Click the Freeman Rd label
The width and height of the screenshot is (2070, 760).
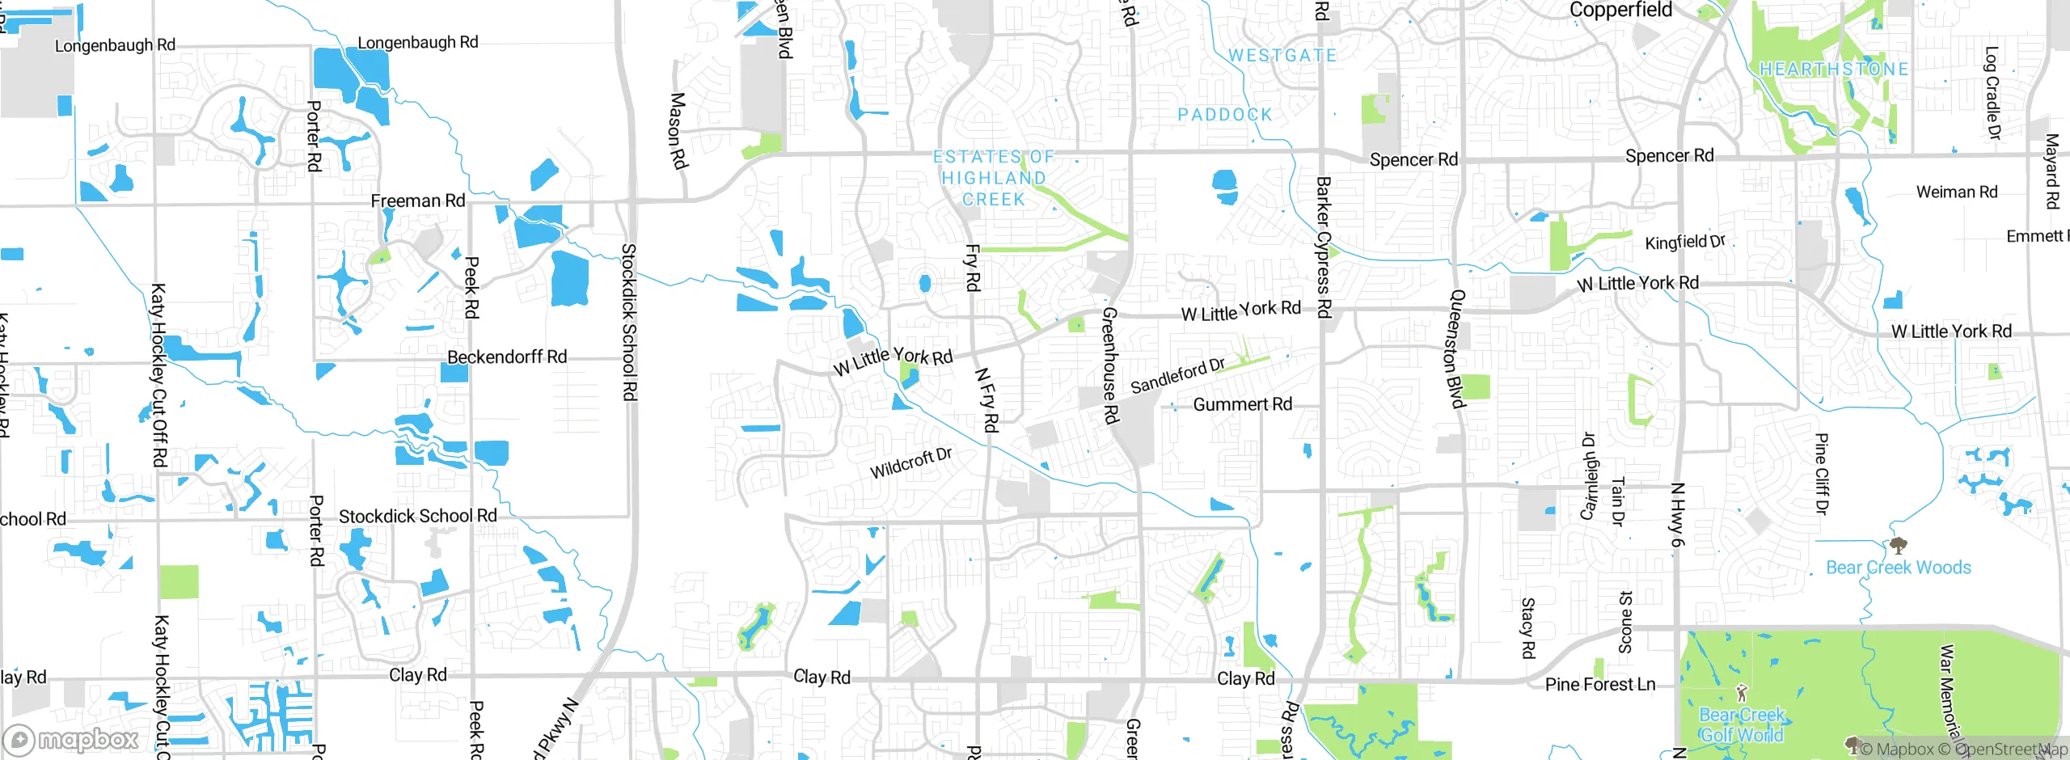click(417, 201)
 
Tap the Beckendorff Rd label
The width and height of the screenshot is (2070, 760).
click(507, 357)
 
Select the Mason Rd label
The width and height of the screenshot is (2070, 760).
click(678, 131)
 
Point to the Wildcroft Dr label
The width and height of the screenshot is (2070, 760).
click(910, 463)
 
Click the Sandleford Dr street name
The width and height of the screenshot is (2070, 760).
click(1177, 376)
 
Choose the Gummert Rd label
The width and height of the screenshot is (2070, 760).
click(1242, 404)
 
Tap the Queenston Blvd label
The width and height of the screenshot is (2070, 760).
click(1456, 349)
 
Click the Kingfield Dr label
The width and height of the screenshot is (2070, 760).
click(1685, 242)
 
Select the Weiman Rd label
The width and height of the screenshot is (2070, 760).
click(1956, 192)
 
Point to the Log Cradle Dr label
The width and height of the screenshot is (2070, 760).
click(1992, 93)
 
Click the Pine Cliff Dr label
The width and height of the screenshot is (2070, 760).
click(1821, 473)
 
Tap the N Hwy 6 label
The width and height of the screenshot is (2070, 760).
click(1677, 514)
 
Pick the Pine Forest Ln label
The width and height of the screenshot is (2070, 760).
click(1599, 685)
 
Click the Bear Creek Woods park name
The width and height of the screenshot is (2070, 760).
click(1898, 568)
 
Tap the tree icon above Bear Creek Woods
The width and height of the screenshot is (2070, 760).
click(1898, 545)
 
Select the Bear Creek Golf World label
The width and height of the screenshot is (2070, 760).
click(1742, 725)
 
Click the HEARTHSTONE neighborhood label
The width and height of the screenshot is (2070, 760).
click(1834, 70)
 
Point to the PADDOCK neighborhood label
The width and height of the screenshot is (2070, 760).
click(1225, 115)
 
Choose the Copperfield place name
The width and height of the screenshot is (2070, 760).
click(1620, 10)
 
